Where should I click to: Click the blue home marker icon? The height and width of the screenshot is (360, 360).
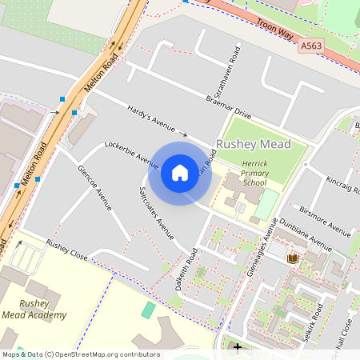[180, 172]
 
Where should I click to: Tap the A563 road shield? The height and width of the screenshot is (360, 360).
[312, 48]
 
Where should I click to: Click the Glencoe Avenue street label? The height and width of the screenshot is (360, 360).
[94, 188]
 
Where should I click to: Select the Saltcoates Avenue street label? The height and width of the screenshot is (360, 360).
[157, 213]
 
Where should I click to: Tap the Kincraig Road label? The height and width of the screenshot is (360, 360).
[335, 186]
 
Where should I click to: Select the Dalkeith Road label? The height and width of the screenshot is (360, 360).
[185, 270]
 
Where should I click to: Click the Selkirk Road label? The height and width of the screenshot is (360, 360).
[313, 324]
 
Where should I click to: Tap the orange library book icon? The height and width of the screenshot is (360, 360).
[292, 258]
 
